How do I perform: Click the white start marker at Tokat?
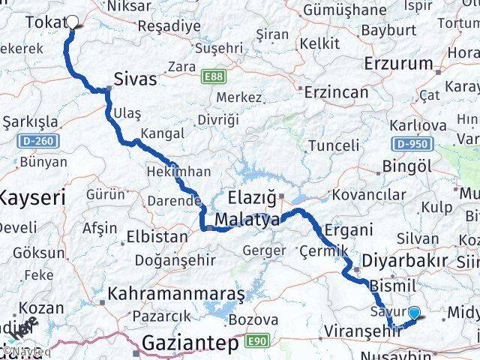click(x=73, y=22)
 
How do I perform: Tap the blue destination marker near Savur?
click(x=413, y=313)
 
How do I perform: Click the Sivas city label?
click(x=136, y=79)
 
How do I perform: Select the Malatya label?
click(x=247, y=220)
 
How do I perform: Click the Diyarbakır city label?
click(x=398, y=261)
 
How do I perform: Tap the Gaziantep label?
click(x=191, y=343)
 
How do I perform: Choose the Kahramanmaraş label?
click(x=177, y=294)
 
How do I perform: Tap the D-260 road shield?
click(x=30, y=141)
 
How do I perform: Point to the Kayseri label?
click(x=31, y=199)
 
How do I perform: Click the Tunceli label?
click(x=334, y=144)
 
